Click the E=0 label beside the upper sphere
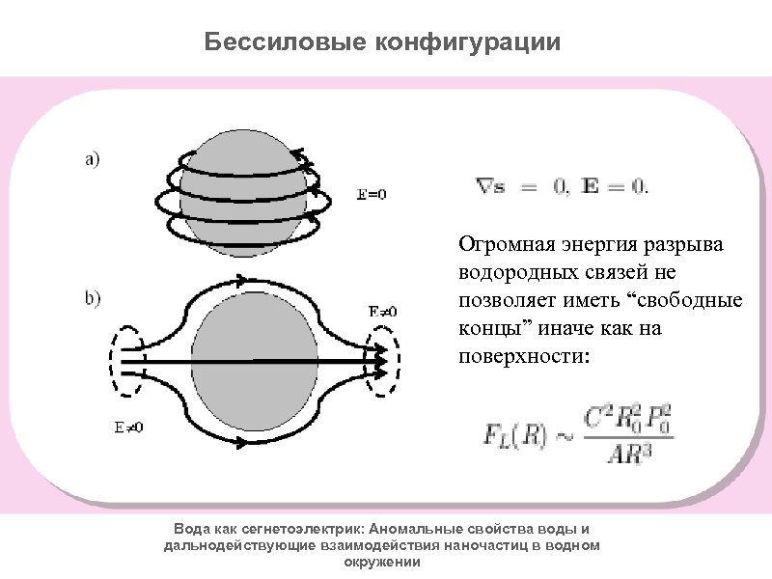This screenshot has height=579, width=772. pos(372,194)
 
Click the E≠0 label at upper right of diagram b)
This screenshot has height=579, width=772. pos(382,312)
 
